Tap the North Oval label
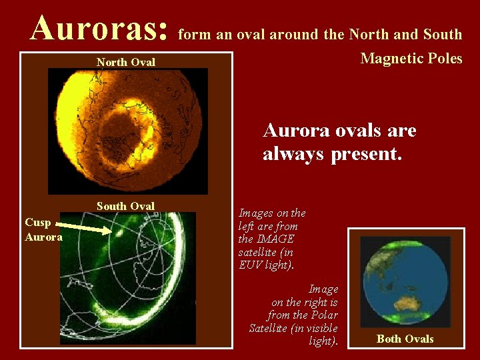tap(125, 62)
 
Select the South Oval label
tap(125, 206)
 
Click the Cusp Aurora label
tap(43, 229)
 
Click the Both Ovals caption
tap(405, 339)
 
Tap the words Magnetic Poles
tap(411, 59)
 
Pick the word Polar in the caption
tap(324, 315)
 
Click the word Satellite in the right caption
tap(270, 328)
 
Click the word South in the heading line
tap(440, 34)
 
